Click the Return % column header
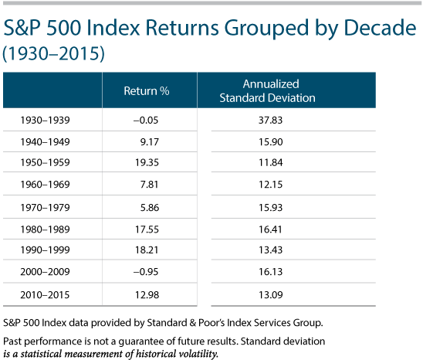point(147,91)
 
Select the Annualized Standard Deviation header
point(267,90)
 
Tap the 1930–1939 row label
point(45,120)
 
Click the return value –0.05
point(146,120)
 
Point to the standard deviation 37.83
point(271,120)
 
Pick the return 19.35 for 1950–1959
point(147,162)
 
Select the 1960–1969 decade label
point(45,184)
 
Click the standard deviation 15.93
point(271,207)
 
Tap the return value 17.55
point(147,229)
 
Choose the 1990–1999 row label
point(45,250)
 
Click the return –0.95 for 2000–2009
point(146,271)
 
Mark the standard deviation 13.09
point(271,294)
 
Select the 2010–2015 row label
point(45,294)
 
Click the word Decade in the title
point(381,28)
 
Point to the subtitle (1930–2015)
point(53,53)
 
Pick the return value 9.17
point(150,142)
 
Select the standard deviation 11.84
point(271,162)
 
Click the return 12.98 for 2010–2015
point(147,294)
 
